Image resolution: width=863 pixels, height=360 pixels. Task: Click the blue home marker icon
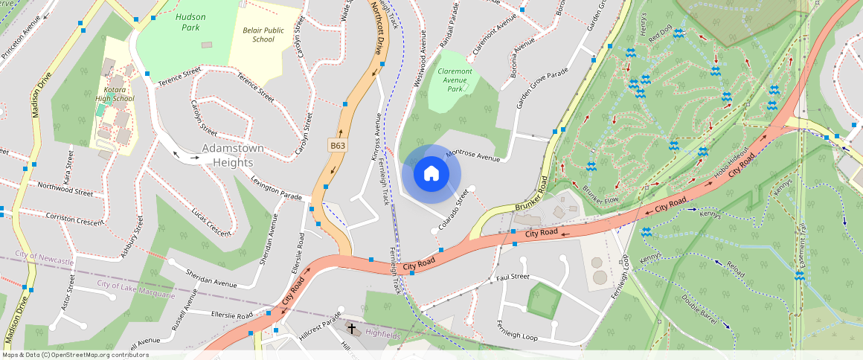[x=431, y=174]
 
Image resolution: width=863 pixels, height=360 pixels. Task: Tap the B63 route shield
[x=337, y=147]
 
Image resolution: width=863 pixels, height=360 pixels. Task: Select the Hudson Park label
[x=191, y=22]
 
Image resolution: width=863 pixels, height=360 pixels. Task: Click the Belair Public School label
[x=263, y=34]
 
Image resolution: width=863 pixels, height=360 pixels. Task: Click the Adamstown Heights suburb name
[x=234, y=155]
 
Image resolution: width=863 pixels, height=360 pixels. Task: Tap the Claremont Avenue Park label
[x=455, y=80]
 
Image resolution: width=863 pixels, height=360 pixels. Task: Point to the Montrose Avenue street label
[x=472, y=154]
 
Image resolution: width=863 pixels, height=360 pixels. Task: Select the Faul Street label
[x=513, y=277]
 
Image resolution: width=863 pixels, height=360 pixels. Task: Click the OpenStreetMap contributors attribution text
[x=74, y=355]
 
